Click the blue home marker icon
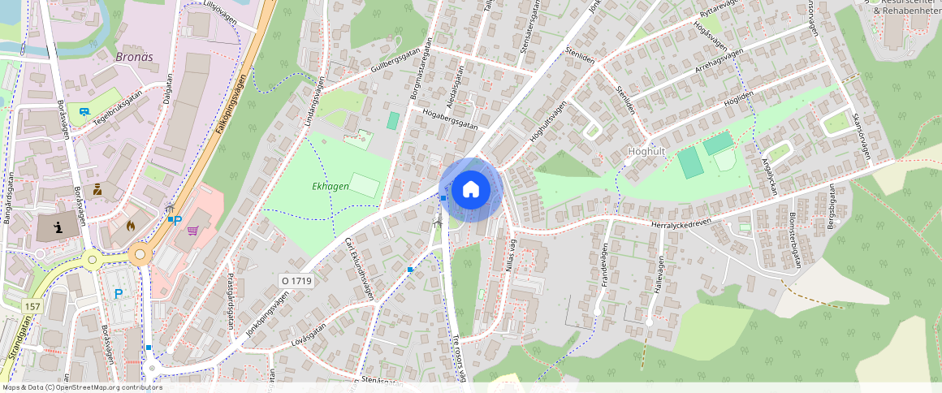pos(470,190)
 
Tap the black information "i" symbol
pos(58,227)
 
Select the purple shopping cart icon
pos(192,231)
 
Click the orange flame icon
pos(131,227)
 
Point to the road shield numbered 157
pos(32,306)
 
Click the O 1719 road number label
pos(296,281)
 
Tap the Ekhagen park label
pos(331,187)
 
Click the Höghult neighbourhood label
pos(647,152)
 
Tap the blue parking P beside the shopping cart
pos(177,220)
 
